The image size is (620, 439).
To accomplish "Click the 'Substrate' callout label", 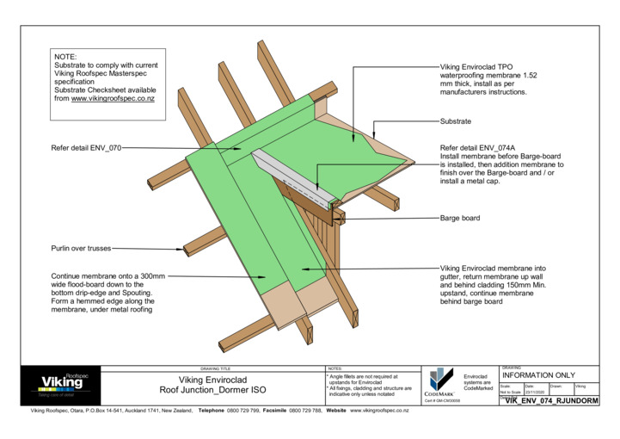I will click(456, 121).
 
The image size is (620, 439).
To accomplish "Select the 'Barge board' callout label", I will click(460, 219).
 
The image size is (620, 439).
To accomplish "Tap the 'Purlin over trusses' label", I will click(81, 249).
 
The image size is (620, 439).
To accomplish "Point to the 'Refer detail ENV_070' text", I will click(86, 148).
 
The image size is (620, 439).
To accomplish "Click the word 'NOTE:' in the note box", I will click(66, 56).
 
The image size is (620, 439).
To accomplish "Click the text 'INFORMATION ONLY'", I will click(538, 375).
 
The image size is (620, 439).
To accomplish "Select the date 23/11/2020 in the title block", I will click(535, 393).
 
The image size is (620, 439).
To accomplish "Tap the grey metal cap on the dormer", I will click(292, 177).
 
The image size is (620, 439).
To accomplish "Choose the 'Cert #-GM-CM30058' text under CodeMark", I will click(444, 401).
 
